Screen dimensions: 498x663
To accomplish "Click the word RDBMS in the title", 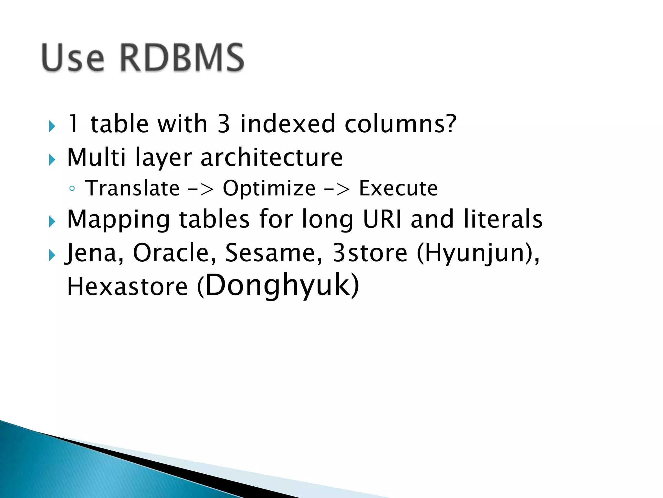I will (x=182, y=58).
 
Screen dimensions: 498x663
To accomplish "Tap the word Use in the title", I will (x=73, y=58).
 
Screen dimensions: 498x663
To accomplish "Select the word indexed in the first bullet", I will (x=287, y=124).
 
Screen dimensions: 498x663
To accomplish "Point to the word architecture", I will (x=271, y=158).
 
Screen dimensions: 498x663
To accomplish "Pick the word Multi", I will (x=96, y=158).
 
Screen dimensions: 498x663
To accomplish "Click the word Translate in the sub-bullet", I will (x=132, y=188).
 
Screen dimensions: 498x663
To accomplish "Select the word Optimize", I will (x=269, y=188).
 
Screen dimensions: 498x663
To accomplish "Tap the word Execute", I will (x=398, y=188).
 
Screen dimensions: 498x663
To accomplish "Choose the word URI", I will (x=382, y=219).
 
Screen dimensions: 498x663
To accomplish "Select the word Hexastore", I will (x=127, y=287).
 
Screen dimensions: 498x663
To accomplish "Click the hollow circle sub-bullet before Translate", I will (x=72, y=189).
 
